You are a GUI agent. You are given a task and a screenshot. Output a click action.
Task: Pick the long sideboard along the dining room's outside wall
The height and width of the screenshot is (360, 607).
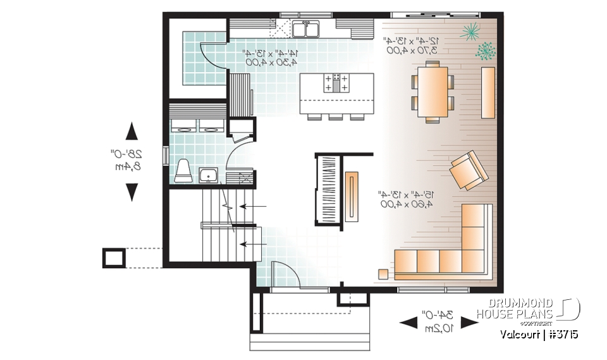tap(487, 92)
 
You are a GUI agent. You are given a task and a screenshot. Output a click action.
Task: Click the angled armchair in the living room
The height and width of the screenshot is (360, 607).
tap(468, 170)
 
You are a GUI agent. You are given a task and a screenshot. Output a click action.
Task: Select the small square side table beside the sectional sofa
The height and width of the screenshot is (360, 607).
tap(383, 273)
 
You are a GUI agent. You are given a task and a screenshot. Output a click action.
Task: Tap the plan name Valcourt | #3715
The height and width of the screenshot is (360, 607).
tap(539, 334)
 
